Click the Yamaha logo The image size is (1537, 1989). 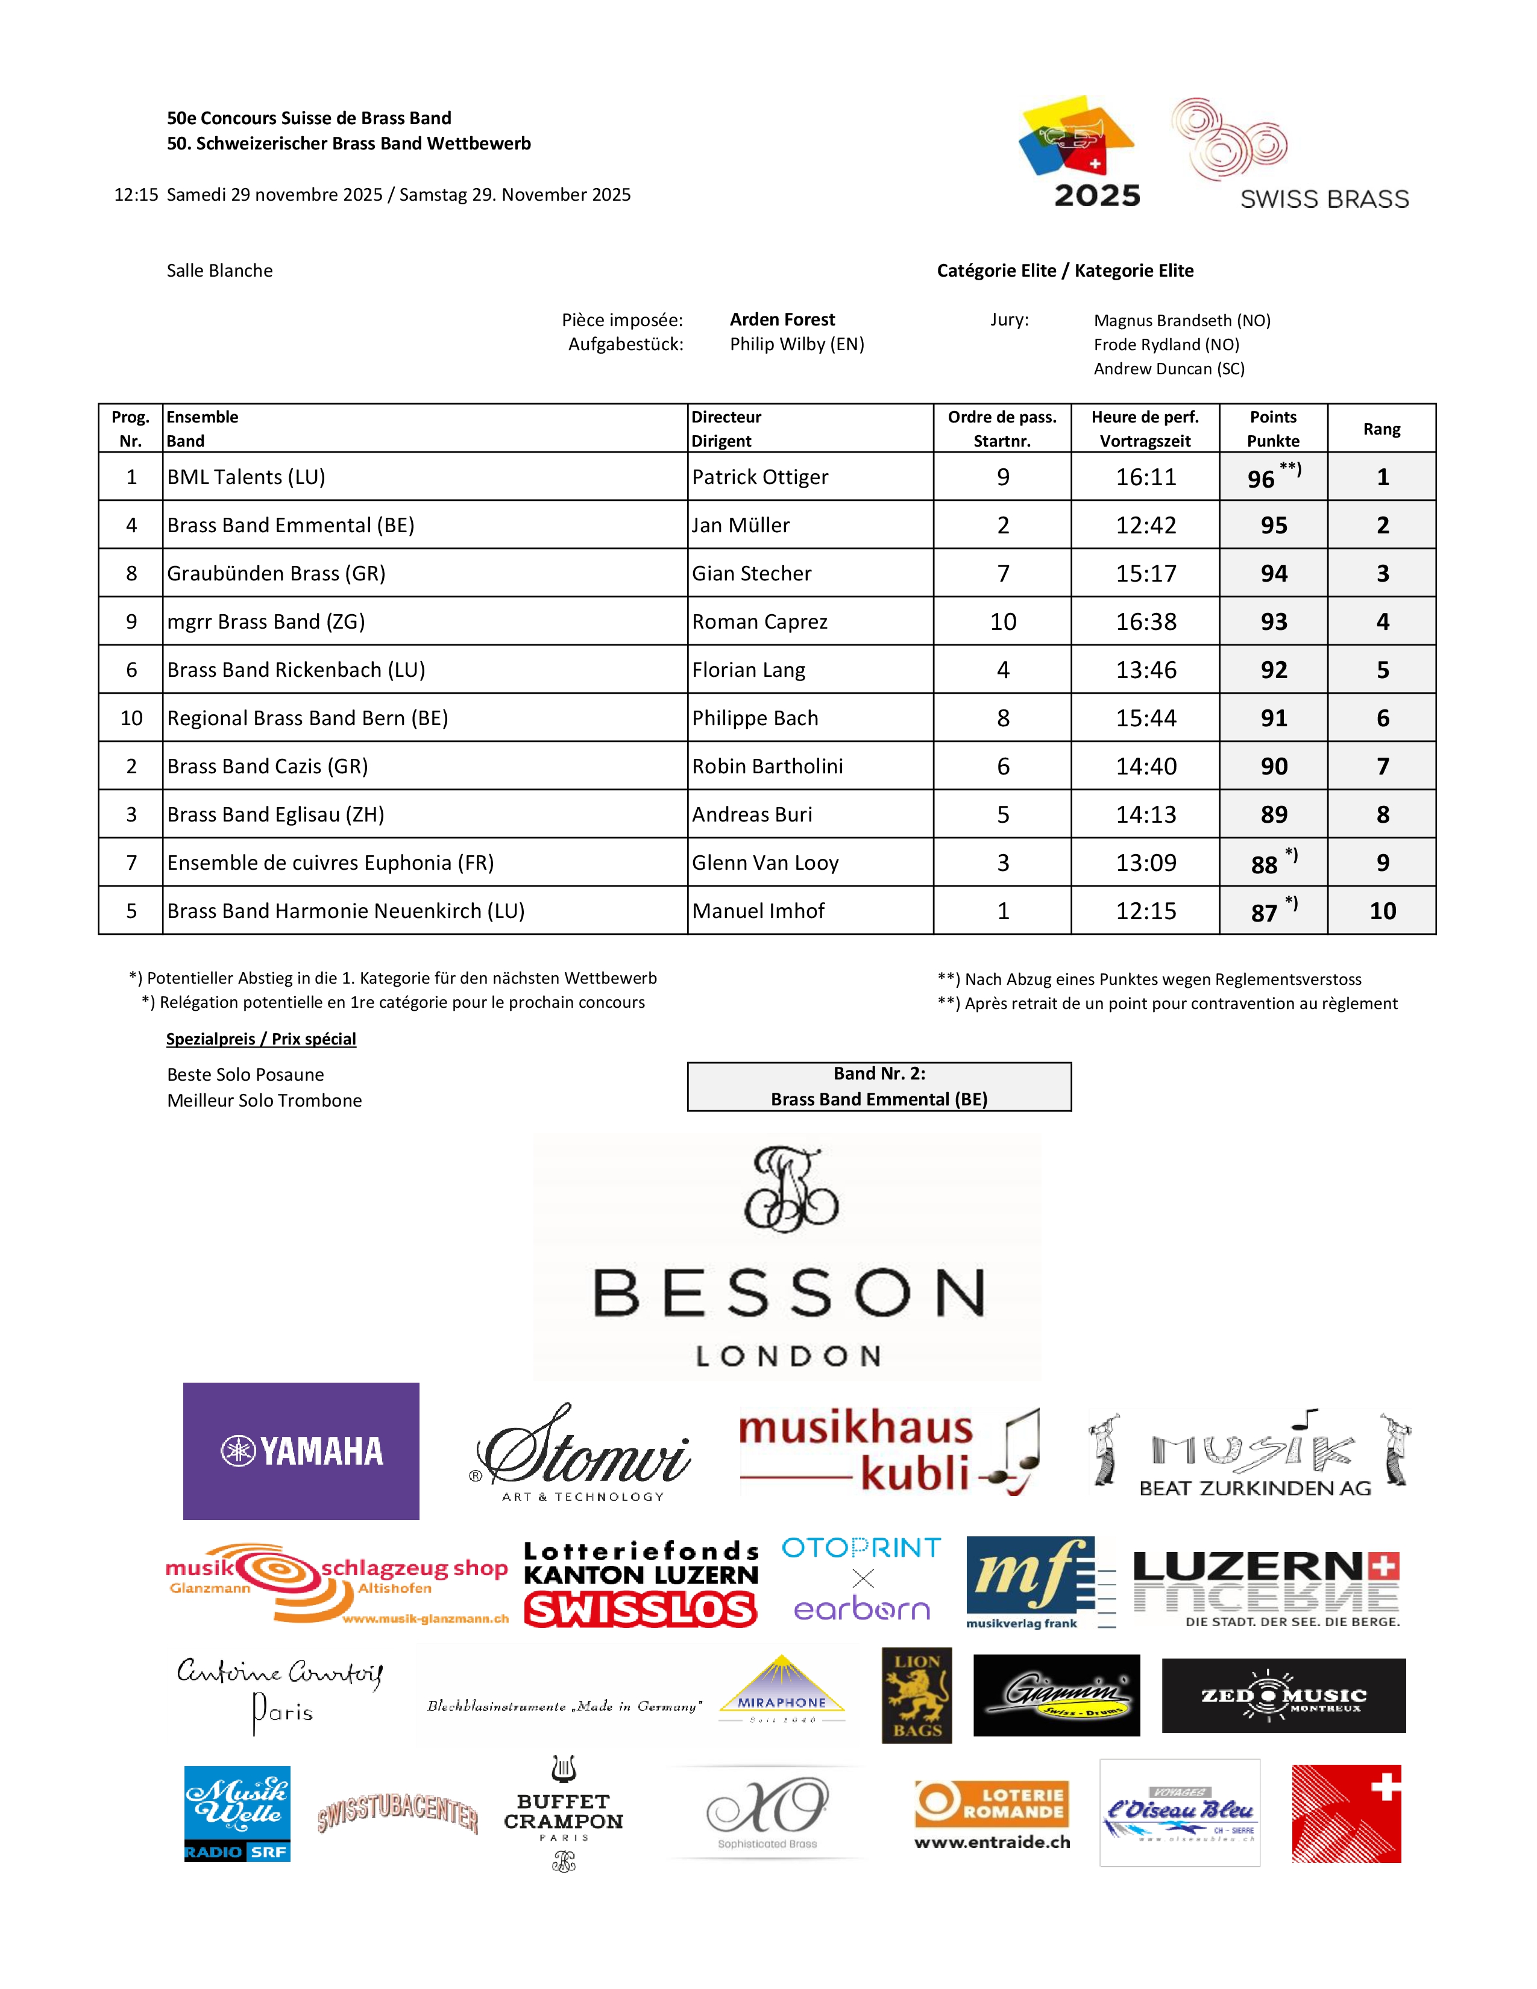pyautogui.click(x=301, y=1451)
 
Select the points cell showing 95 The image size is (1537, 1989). pyautogui.click(x=1273, y=526)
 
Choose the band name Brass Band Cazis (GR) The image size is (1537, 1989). pyautogui.click(x=268, y=767)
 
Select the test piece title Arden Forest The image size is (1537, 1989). pyautogui.click(x=782, y=319)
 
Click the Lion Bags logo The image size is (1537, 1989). pyautogui.click(x=916, y=1695)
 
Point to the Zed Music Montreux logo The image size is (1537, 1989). pyautogui.click(x=1283, y=1695)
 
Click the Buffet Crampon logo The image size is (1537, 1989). pyautogui.click(x=564, y=1812)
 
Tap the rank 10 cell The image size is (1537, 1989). pyautogui.click(x=1381, y=911)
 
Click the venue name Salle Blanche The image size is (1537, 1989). pyautogui.click(x=219, y=271)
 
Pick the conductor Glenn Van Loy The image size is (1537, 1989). pyautogui.click(x=765, y=863)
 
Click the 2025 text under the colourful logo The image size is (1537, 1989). pyautogui.click(x=1096, y=196)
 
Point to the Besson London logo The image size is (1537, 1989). pyautogui.click(x=788, y=1257)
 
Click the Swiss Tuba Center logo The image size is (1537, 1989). pyautogui.click(x=398, y=1812)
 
